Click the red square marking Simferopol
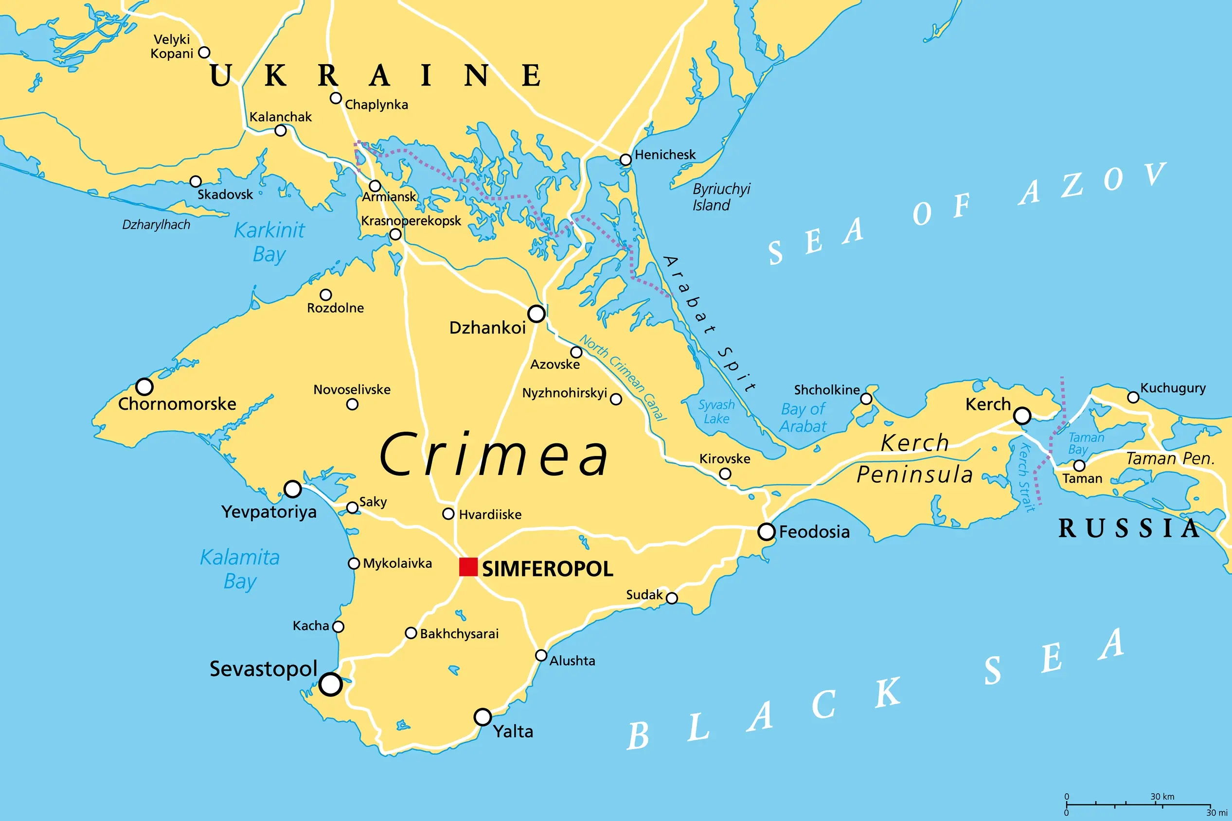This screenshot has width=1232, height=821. (468, 567)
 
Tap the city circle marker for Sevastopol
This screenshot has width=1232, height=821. (331, 684)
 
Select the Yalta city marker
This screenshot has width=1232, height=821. (482, 717)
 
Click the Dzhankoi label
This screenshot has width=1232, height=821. (487, 328)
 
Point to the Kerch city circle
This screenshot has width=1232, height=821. (1022, 416)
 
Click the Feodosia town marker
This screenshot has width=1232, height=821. (767, 532)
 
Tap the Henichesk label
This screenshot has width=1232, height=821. (665, 155)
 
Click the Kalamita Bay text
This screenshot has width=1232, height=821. (240, 569)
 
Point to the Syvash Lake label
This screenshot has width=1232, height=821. (716, 412)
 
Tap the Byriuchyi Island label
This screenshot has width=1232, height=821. (721, 197)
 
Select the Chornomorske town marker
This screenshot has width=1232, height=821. (144, 387)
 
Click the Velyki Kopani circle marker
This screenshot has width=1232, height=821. (205, 52)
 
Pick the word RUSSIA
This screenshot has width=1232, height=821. (1129, 528)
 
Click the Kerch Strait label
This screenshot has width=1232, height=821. (1026, 477)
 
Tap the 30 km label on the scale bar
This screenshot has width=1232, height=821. (1162, 796)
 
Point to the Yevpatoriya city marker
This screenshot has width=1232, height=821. (292, 489)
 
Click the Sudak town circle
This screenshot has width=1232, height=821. (672, 598)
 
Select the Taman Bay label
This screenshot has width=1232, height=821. (1086, 443)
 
